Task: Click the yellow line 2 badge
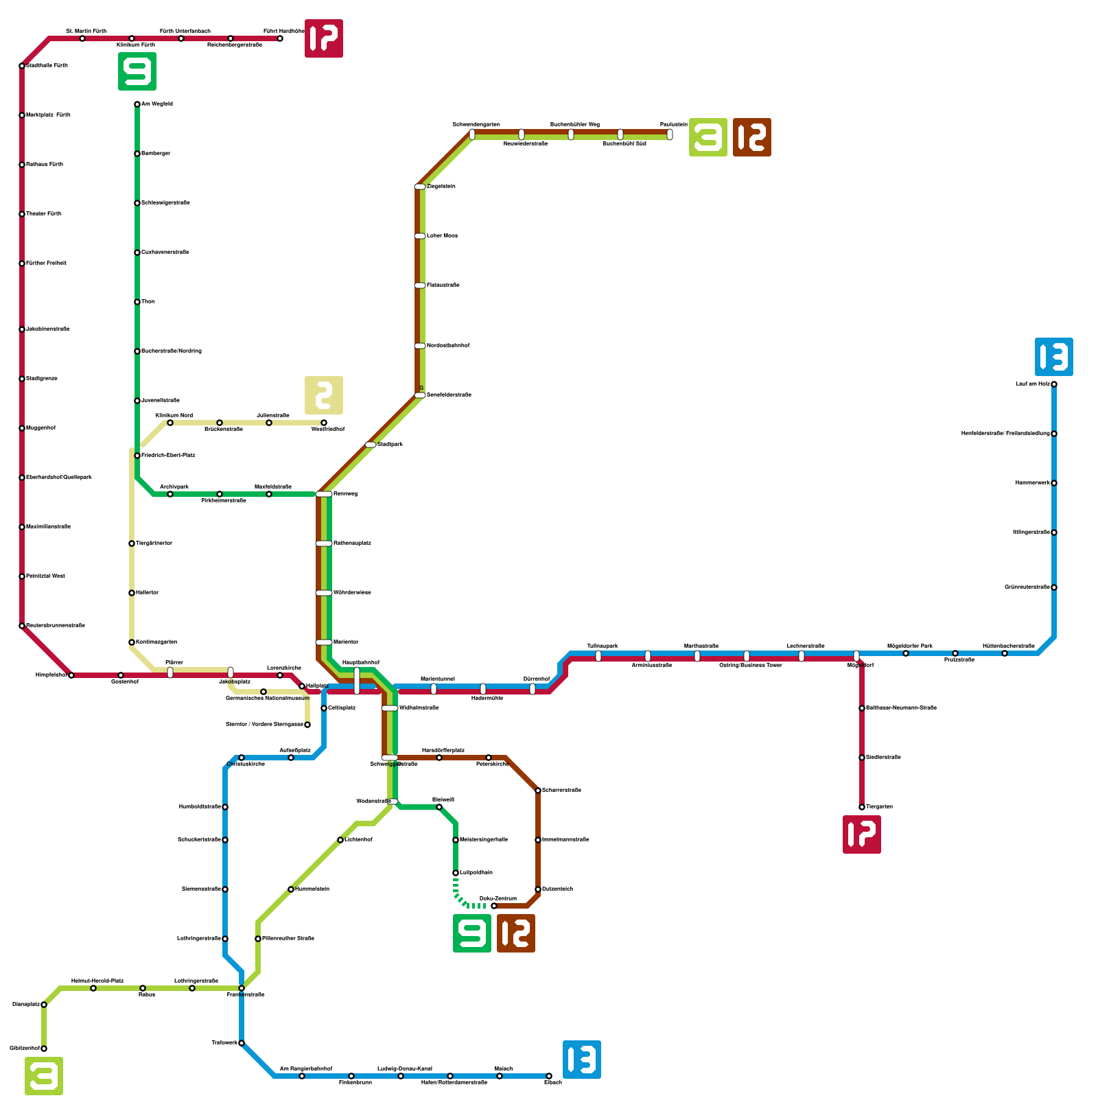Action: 323,395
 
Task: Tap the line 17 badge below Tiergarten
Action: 861,834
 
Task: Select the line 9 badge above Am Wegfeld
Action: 137,71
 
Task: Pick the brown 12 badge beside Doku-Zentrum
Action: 515,933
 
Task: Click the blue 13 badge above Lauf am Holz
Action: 1053,357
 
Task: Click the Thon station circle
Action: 137,302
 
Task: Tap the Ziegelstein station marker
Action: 420,187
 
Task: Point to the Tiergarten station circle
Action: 862,807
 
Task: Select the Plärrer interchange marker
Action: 170,673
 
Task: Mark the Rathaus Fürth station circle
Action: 22,165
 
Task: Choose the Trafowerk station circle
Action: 242,1043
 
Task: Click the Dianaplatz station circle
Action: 44,1005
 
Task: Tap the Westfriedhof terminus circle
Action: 324,423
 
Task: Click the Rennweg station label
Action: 345,494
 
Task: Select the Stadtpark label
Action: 390,445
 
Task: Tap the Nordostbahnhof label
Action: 448,346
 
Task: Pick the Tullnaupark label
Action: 603,646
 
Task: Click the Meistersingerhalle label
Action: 484,840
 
